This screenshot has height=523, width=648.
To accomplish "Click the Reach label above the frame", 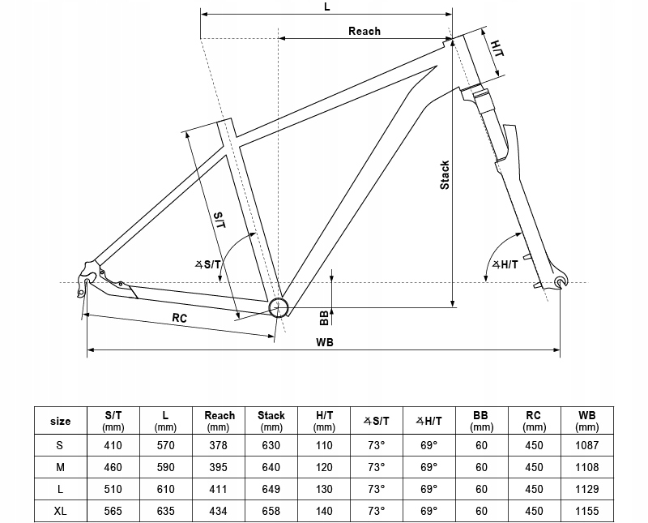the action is pyautogui.click(x=364, y=31).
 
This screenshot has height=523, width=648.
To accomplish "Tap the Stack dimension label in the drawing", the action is pyautogui.click(x=445, y=175).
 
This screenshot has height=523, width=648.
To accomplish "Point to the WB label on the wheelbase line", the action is pyautogui.click(x=325, y=343).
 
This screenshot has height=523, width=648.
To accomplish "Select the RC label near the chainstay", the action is pyautogui.click(x=180, y=318).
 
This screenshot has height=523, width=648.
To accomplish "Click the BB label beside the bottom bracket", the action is pyautogui.click(x=324, y=318).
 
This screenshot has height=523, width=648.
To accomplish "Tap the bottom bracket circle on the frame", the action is pyautogui.click(x=278, y=307).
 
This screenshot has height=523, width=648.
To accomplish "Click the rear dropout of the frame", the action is pyautogui.click(x=87, y=277).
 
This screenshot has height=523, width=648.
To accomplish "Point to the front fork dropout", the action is pyautogui.click(x=561, y=281).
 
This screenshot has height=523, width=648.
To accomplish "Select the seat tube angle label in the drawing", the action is pyautogui.click(x=208, y=264).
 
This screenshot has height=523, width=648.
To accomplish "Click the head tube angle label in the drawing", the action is pyautogui.click(x=505, y=264).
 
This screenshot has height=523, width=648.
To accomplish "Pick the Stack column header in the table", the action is pyautogui.click(x=271, y=421).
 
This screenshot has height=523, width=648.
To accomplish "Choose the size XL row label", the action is pyautogui.click(x=60, y=511).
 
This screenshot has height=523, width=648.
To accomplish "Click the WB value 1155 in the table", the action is pyautogui.click(x=586, y=511).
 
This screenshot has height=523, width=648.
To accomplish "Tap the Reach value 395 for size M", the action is pyautogui.click(x=218, y=467).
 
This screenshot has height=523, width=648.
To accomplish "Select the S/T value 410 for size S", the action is pyautogui.click(x=113, y=445).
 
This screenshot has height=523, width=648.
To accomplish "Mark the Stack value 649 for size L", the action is pyautogui.click(x=271, y=489).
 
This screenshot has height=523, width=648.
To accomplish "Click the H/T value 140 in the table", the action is pyautogui.click(x=324, y=511).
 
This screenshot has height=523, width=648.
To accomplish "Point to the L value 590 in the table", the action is pyautogui.click(x=166, y=467).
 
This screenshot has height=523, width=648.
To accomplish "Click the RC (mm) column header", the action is pyautogui.click(x=534, y=421).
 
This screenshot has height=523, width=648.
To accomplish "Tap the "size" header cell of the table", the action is pyautogui.click(x=60, y=421).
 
